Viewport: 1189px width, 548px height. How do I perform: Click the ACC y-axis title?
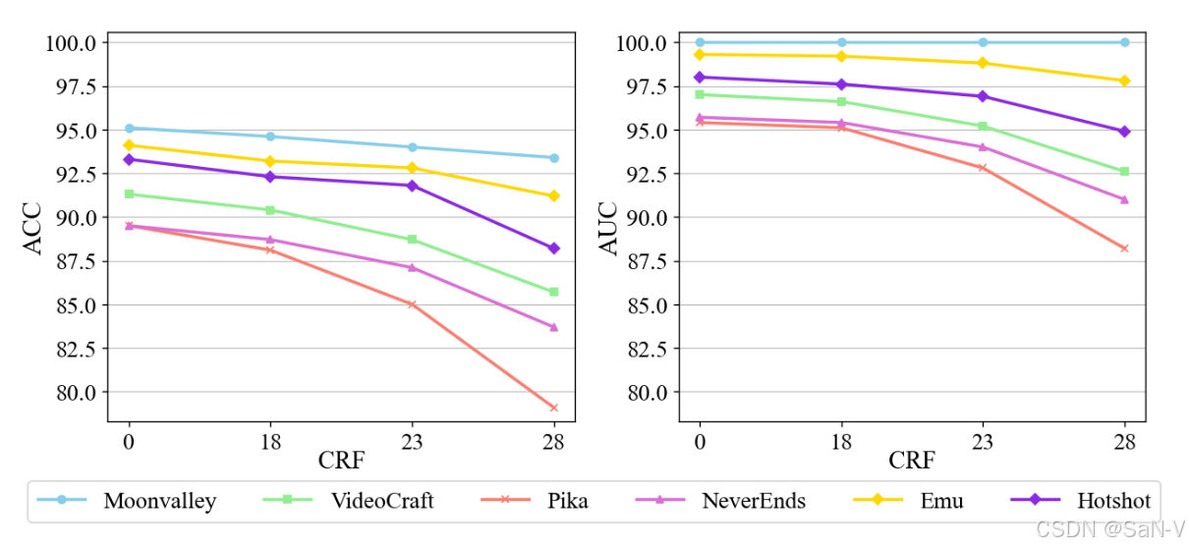coord(33,229)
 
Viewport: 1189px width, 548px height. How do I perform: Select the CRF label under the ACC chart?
coord(341,460)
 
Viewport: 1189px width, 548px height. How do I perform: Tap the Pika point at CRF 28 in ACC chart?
coord(553,408)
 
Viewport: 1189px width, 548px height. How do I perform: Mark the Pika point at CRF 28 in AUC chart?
coord(1124,248)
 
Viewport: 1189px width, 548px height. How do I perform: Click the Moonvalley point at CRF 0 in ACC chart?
coord(129,128)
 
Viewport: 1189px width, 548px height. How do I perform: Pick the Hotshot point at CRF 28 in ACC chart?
coord(553,248)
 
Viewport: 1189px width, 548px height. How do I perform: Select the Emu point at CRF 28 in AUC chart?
coord(1124,81)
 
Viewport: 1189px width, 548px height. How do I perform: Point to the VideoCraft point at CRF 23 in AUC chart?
coord(982,126)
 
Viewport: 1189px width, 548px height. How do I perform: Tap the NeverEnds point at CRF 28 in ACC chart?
coord(553,327)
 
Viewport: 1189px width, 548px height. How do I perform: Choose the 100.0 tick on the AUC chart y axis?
coord(643,43)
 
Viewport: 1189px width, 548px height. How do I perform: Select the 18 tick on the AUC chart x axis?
coord(841,442)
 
